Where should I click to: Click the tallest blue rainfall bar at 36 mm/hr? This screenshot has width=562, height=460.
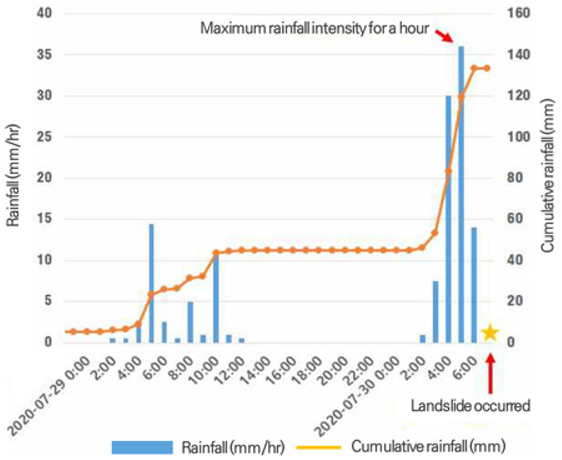[x=461, y=195]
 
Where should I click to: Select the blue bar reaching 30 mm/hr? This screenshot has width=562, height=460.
[x=448, y=219]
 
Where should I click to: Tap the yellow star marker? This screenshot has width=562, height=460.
[x=490, y=333]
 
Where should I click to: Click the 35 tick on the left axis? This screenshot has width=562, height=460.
[x=44, y=55]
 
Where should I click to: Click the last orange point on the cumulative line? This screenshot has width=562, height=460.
[x=487, y=68]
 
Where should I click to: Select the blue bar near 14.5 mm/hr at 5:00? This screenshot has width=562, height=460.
[x=151, y=282]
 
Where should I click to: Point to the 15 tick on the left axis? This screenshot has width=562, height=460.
[x=44, y=219]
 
